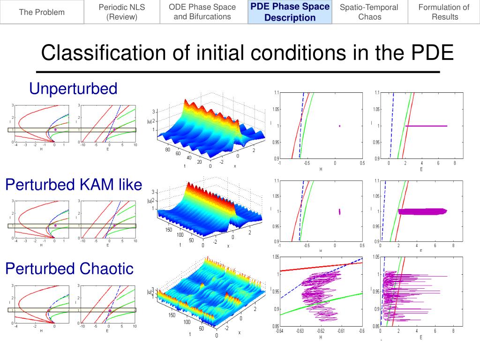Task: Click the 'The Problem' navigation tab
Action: pyautogui.click(x=42, y=12)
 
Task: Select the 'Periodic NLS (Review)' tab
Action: pyautogui.click(x=122, y=12)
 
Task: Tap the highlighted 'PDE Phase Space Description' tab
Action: pyautogui.click(x=290, y=12)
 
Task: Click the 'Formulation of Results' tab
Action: pyautogui.click(x=443, y=12)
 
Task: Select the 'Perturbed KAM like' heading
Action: pyautogui.click(x=73, y=185)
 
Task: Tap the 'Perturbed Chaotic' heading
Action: pyautogui.click(x=69, y=269)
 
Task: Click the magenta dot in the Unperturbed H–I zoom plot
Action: pyautogui.click(x=339, y=126)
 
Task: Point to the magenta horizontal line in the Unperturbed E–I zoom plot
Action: pyautogui.click(x=426, y=126)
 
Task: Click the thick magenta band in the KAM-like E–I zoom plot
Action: pyautogui.click(x=422, y=211)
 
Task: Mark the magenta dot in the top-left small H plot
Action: pyautogui.click(x=55, y=129)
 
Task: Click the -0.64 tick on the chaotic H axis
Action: pyautogui.click(x=279, y=331)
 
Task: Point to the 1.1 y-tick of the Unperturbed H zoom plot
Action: pyautogui.click(x=277, y=93)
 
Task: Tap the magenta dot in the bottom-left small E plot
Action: pyautogui.click(x=110, y=310)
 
